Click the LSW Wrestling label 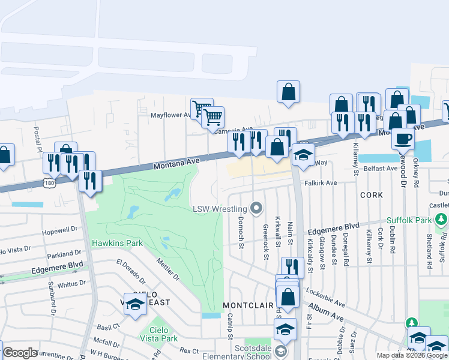(x=220, y=209)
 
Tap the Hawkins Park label (x=117, y=243)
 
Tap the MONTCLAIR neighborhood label (x=248, y=305)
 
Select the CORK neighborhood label (x=371, y=196)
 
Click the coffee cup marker (x=403, y=139)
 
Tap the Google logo (x=20, y=353)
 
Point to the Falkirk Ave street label (x=321, y=182)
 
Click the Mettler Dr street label (x=167, y=269)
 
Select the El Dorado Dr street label (x=131, y=271)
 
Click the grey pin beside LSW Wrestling (x=257, y=209)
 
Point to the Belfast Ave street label (x=379, y=169)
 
